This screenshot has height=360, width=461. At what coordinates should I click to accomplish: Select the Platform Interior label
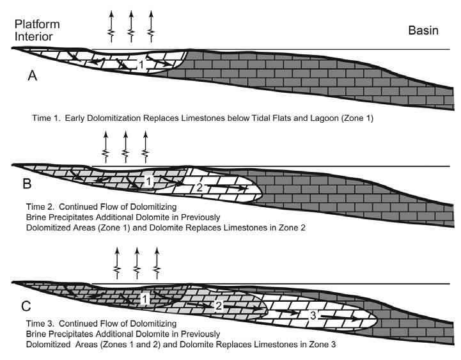tap(36, 30)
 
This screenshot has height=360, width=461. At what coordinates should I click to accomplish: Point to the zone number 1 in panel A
tap(144, 64)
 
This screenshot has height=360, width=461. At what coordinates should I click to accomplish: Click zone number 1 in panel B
tap(148, 182)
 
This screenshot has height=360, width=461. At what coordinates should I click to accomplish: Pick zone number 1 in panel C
tap(145, 299)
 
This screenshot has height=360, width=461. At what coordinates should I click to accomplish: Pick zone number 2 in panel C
tap(219, 306)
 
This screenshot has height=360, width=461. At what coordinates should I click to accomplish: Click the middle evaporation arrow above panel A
tap(132, 24)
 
